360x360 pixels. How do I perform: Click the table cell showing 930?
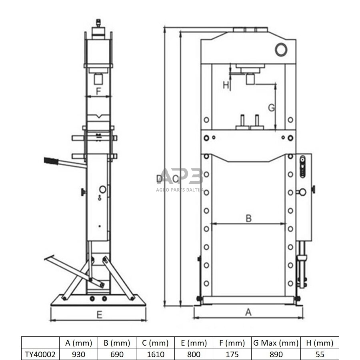[x=78, y=354]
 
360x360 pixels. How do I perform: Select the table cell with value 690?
[x=117, y=354]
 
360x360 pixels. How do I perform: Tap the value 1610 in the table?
[x=155, y=354]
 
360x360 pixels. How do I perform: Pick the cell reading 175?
[x=232, y=354]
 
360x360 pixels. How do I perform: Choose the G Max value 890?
[x=276, y=354]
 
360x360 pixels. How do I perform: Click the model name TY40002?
[x=40, y=354]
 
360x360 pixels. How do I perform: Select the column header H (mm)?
[x=320, y=343]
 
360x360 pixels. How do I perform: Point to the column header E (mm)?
[x=194, y=343]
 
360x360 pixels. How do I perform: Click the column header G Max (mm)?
[x=276, y=343]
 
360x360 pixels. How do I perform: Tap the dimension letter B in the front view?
[x=248, y=218]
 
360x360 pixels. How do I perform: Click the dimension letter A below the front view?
[x=248, y=312]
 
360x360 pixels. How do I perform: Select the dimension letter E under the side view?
[x=99, y=315]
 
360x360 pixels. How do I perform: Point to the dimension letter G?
[x=271, y=108]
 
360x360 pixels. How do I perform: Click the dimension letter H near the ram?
[x=226, y=85]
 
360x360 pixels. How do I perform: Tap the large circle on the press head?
[x=281, y=49]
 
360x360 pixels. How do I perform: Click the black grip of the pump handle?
[x=51, y=161]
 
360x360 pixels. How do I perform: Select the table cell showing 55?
[x=320, y=354]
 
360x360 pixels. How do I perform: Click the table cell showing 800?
[x=194, y=354]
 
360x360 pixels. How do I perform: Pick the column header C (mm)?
[x=155, y=343]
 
